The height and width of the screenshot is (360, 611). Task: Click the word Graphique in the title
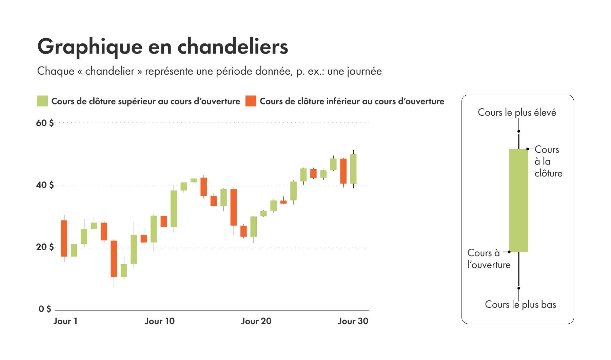coord(90,47)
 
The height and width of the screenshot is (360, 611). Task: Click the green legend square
coord(42,101)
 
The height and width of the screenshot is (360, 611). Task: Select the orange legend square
coord(251,101)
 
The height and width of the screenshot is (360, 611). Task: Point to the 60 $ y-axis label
coord(45,123)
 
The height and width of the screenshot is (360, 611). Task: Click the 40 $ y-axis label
coord(45,185)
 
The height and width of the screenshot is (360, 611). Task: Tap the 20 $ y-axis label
coord(45,247)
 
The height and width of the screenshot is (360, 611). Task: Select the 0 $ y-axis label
coord(45,309)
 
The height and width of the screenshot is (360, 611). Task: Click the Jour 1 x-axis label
coord(65,321)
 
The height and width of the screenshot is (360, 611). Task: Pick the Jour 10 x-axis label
coord(160,321)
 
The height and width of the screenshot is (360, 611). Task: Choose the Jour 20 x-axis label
coord(256,321)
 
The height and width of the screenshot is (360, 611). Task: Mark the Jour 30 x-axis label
coord(353,321)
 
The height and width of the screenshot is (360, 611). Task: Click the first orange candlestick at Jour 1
coord(64,238)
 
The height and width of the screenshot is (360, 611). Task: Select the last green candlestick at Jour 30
coord(353,169)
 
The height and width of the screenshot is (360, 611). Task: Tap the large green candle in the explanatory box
coord(518,200)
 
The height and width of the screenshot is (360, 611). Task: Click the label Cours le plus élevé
coord(517,112)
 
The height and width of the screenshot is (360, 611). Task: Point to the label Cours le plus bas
coord(520,304)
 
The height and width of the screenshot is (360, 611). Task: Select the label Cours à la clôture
coord(548,162)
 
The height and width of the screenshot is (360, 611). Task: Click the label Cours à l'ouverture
coord(489,259)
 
